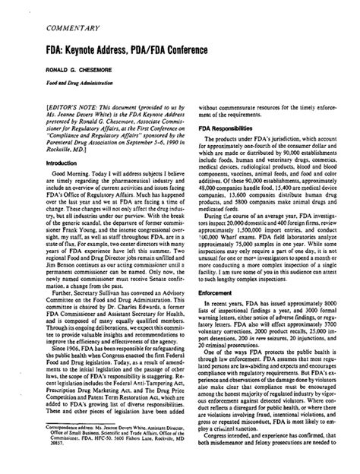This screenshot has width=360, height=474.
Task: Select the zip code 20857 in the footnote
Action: (x=28, y=464)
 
